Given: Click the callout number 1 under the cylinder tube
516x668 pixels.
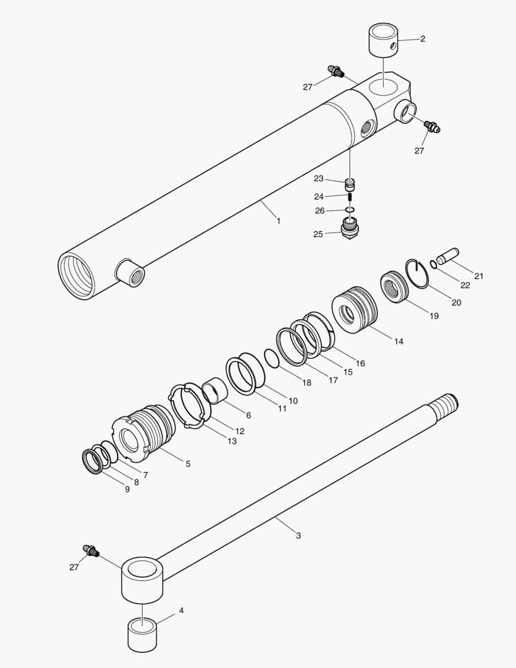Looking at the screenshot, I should (x=278, y=221).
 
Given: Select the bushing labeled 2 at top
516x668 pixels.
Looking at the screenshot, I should (x=383, y=40).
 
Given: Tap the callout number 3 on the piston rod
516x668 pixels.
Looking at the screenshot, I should (x=298, y=536).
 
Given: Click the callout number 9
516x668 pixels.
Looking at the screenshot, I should (x=127, y=489).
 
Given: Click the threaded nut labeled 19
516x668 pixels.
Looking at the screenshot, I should (x=394, y=285).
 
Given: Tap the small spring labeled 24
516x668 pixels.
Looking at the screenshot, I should (x=350, y=197).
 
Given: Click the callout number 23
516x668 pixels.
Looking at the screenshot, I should (x=319, y=179).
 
